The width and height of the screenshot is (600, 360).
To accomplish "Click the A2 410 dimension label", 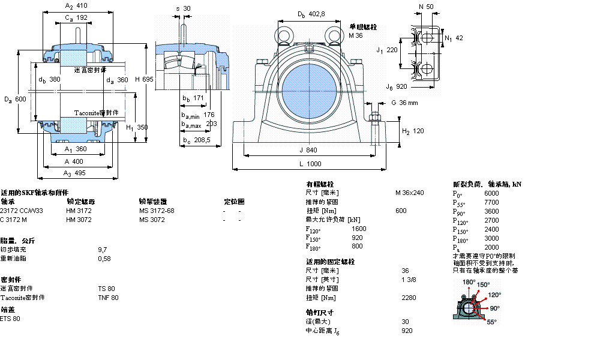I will (76, 5).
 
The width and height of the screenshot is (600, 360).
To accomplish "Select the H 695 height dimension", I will (144, 79).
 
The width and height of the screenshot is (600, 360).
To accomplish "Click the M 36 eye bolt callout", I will (356, 35).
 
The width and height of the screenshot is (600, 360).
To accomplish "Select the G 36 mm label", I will (404, 103).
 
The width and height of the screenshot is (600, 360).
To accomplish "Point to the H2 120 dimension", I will (413, 131).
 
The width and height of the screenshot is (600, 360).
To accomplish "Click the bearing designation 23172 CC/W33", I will (22, 211).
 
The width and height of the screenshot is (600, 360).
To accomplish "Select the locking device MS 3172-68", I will (157, 211).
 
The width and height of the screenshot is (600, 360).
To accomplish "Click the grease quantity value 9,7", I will (102, 249).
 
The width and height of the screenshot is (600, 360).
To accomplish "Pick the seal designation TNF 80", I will (108, 298).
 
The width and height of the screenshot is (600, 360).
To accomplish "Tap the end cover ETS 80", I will (10, 319).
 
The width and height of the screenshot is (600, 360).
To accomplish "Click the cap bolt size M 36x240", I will (409, 193).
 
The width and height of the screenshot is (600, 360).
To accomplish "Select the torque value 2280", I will (408, 298).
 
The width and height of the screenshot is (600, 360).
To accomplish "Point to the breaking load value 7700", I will (491, 203).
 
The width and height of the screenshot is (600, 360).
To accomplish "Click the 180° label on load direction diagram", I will (469, 281).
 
